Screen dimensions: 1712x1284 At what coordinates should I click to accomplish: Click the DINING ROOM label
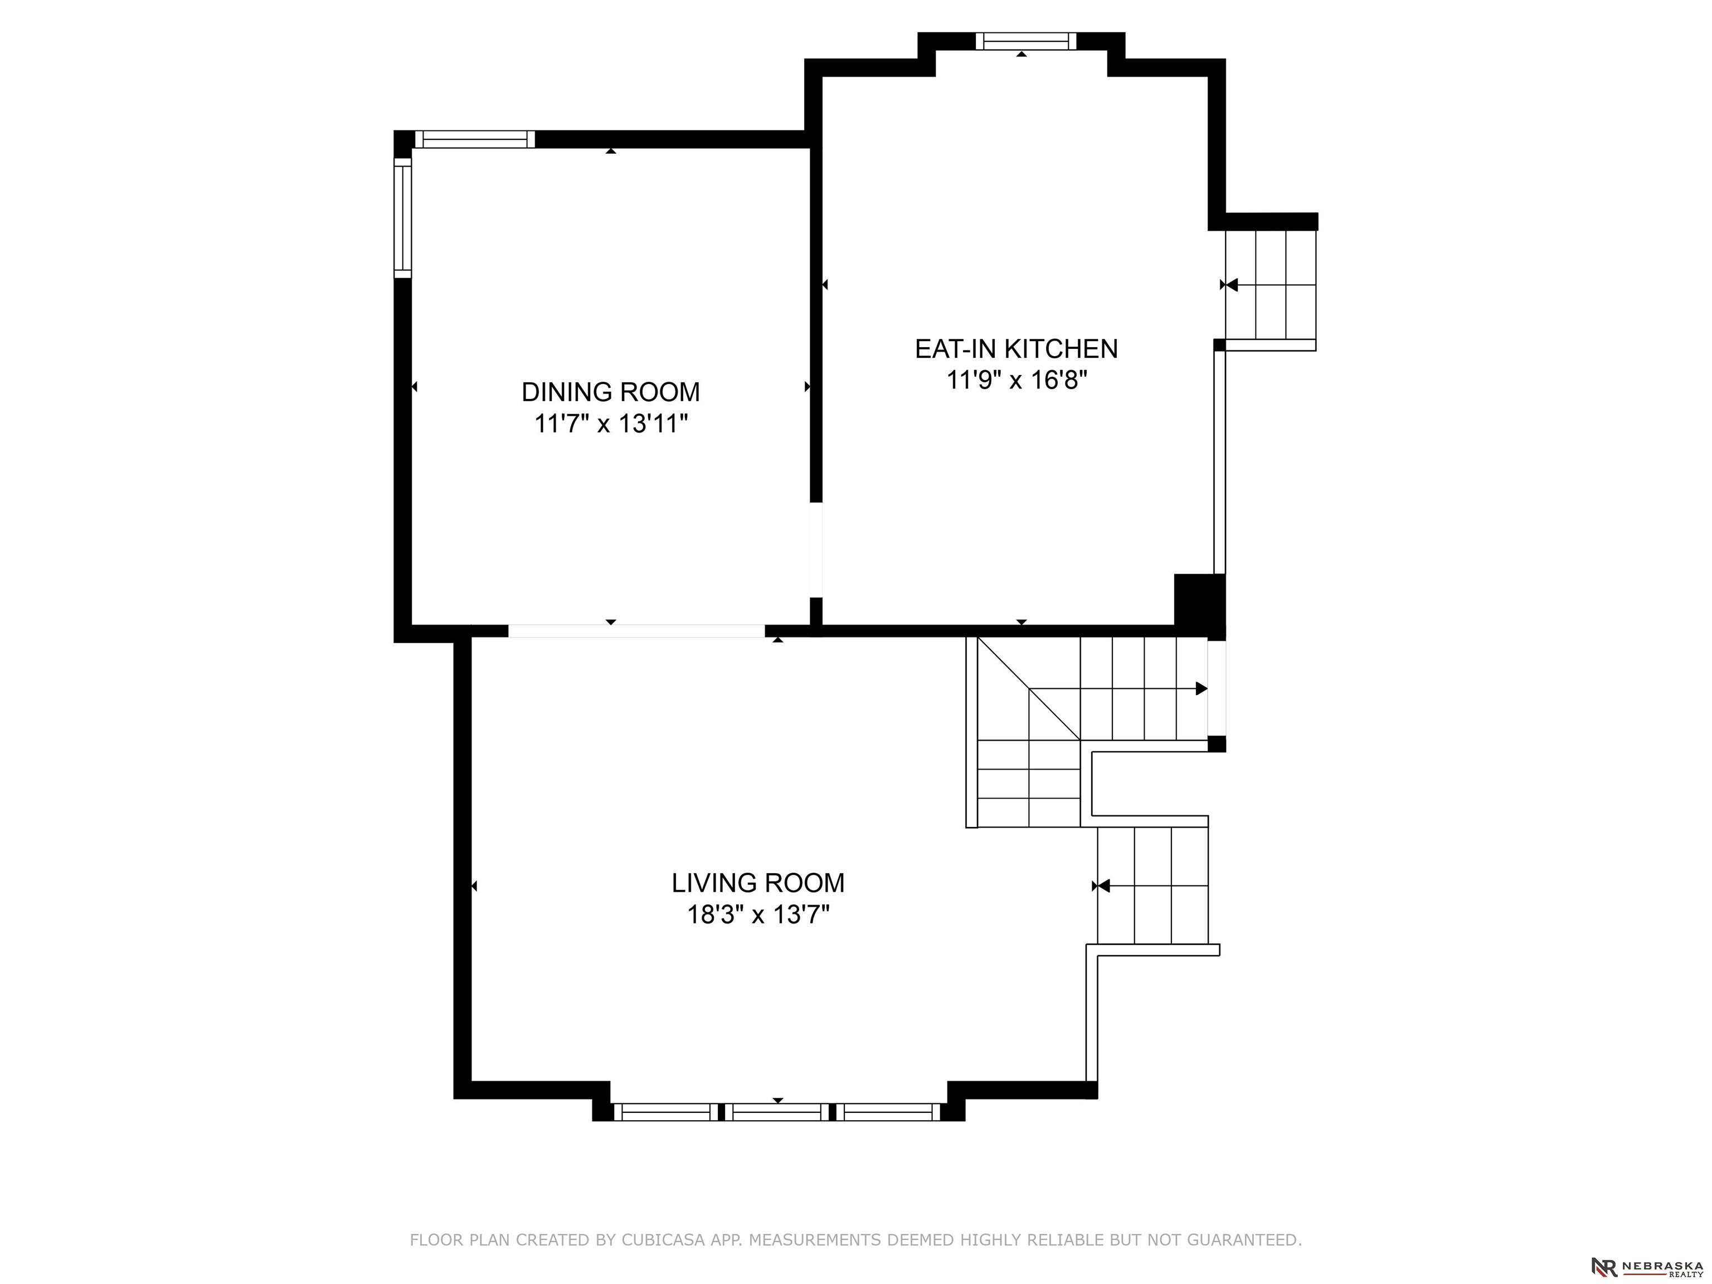[611, 392]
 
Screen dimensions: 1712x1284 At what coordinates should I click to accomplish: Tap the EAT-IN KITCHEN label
[1016, 349]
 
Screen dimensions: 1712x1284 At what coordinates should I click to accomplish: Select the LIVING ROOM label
[758, 883]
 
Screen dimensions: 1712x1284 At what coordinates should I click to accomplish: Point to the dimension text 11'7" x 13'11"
[611, 424]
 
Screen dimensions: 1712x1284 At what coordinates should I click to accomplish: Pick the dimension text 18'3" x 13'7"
[758, 915]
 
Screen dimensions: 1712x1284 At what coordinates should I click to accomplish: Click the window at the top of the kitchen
[1025, 41]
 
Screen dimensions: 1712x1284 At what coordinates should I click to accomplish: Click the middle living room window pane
[778, 1112]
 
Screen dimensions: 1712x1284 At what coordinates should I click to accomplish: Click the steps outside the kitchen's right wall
[1270, 285]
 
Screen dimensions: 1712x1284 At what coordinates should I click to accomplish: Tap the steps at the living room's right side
[1153, 886]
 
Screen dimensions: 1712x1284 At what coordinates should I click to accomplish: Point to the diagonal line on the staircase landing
[1029, 688]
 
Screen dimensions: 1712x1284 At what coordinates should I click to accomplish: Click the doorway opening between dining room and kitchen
[816, 550]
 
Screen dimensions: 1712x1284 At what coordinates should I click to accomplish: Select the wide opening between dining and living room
[636, 631]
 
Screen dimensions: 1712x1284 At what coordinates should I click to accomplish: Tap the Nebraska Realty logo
[1646, 1266]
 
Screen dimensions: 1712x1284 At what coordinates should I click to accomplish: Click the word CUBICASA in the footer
[663, 1240]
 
